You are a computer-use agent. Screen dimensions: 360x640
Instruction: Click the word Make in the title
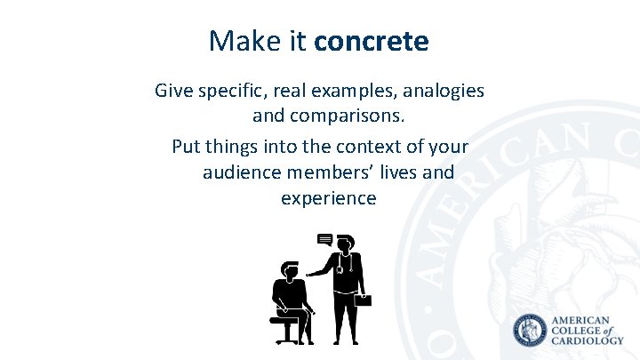235,41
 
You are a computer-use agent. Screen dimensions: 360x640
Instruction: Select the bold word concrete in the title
372,41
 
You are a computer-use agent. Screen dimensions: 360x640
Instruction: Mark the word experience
328,198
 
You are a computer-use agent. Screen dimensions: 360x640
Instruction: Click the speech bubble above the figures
325,240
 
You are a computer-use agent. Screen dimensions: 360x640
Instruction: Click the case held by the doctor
364,300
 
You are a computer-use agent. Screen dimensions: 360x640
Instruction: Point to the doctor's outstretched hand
310,274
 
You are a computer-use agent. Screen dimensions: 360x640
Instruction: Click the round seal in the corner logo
531,332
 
